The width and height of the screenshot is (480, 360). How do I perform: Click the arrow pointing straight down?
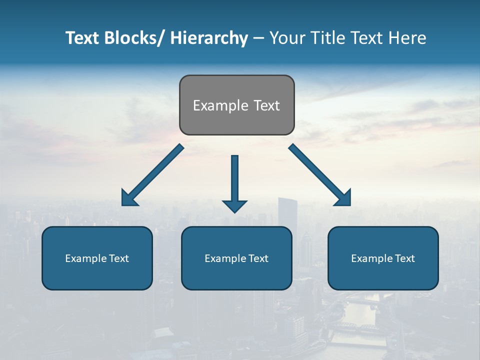tap(235, 182)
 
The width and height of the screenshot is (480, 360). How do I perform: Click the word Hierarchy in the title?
tap(209, 38)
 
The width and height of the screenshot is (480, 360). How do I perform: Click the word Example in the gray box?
tap(220, 105)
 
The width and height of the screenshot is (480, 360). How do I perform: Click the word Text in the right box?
tap(404, 258)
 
